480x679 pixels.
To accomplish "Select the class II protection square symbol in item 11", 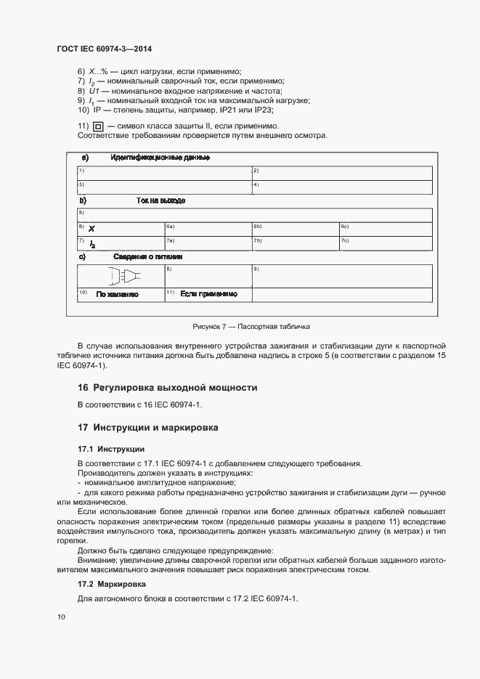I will (x=97, y=126).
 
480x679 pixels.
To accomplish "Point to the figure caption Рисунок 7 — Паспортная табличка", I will (x=251, y=327).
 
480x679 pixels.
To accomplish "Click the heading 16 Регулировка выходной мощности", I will (x=167, y=388).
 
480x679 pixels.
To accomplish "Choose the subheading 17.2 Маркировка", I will (x=111, y=584).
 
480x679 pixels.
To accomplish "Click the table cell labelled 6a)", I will (x=207, y=228).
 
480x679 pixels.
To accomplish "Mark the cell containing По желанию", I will (x=117, y=294).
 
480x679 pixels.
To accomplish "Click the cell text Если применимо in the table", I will (x=209, y=293).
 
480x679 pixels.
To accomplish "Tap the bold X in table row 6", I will (x=91, y=229).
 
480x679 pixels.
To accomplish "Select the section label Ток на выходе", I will (x=160, y=200).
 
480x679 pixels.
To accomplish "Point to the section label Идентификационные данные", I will (x=160, y=158).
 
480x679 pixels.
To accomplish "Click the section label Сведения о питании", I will (x=147, y=256).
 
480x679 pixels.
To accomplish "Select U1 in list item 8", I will (x=94, y=91).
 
